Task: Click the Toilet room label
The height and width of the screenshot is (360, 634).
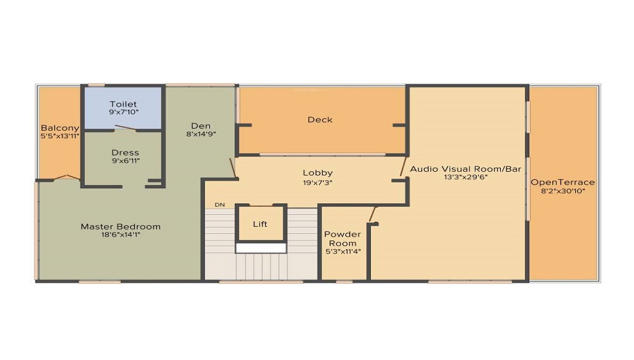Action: point(123,104)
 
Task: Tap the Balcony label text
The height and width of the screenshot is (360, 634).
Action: point(60,127)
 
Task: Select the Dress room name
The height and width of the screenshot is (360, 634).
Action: point(125,152)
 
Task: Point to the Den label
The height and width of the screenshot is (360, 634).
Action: point(200,125)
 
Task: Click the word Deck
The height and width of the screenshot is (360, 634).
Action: point(320,119)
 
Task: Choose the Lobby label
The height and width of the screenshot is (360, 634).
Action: point(317,172)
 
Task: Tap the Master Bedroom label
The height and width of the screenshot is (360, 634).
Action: point(120,226)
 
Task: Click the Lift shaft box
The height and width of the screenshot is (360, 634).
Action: point(260,224)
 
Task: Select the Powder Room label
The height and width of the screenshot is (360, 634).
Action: point(342,238)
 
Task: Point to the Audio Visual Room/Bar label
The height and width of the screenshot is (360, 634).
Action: point(465,169)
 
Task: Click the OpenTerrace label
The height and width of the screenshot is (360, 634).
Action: point(563,182)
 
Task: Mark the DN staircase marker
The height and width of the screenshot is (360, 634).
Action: point(220,205)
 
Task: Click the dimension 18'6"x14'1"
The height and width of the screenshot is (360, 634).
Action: point(120,235)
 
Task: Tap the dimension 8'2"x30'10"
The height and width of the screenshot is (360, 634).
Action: point(563,190)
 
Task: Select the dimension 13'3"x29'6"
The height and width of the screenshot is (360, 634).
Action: point(465,177)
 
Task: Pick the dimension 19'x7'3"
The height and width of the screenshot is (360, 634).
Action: point(317,181)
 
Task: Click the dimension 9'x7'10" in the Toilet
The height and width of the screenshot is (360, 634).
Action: point(123,112)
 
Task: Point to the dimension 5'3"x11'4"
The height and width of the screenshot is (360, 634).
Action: point(342,252)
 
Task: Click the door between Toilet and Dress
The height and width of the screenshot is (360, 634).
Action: point(124,129)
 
